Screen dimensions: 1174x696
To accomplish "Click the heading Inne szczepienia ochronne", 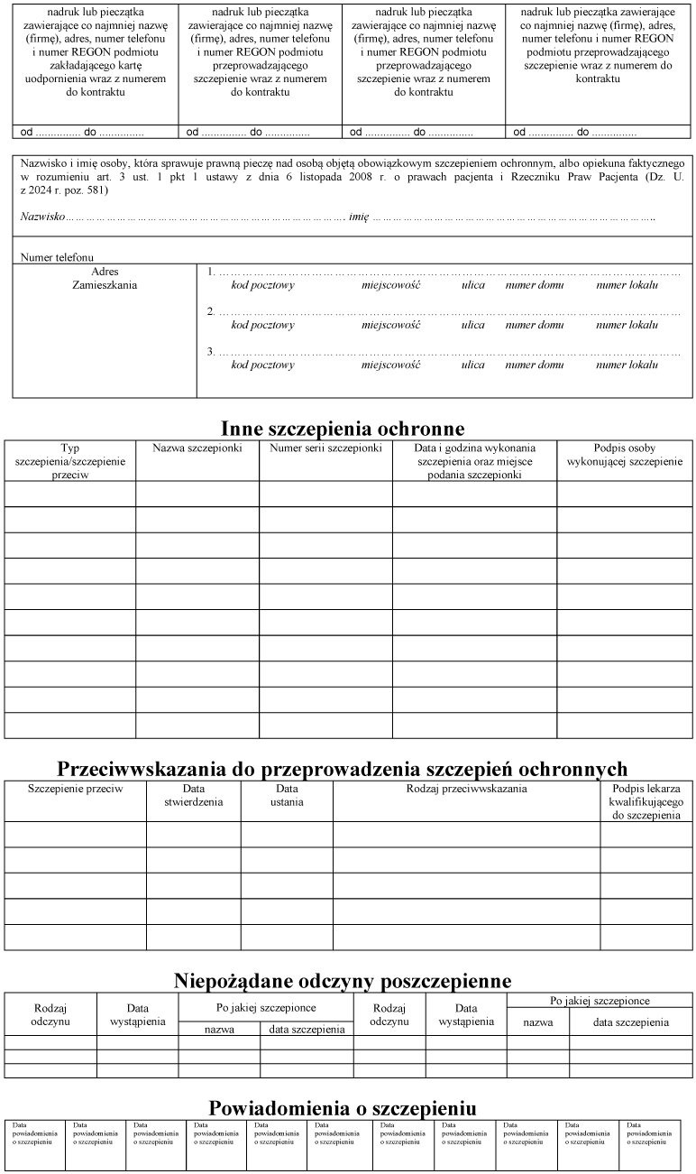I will pyautogui.click(x=343, y=428).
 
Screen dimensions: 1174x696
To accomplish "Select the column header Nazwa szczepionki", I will pyautogui.click(x=197, y=448).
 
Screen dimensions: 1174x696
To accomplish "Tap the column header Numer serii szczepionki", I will pyautogui.click(x=325, y=448).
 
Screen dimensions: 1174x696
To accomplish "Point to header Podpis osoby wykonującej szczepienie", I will pyautogui.click(x=624, y=455).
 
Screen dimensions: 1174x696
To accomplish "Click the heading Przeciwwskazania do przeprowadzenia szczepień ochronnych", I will pyautogui.click(x=343, y=769).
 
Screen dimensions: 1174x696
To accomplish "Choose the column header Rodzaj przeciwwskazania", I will pyautogui.click(x=466, y=789).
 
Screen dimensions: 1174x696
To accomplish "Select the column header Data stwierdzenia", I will pyautogui.click(x=193, y=795).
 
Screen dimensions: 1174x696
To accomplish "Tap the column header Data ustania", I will pyautogui.click(x=287, y=795).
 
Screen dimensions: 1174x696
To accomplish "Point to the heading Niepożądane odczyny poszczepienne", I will pyautogui.click(x=343, y=981).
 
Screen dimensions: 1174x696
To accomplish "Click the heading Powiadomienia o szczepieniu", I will pyautogui.click(x=343, y=1108).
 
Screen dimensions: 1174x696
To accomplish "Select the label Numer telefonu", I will pyautogui.click(x=57, y=257).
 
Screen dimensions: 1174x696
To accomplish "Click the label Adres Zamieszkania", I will pyautogui.click(x=105, y=278).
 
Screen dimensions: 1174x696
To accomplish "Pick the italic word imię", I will pyautogui.click(x=359, y=217).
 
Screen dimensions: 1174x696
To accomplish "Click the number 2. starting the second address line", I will pyautogui.click(x=211, y=312).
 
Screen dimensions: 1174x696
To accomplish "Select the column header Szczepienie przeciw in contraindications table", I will pyautogui.click(x=75, y=789).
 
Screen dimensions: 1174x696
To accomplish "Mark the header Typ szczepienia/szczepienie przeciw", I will pyautogui.click(x=69, y=461).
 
